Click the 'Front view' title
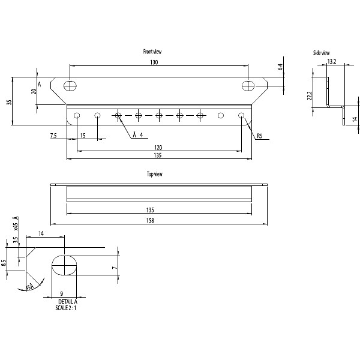[x=152, y=52]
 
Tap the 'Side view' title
[x=321, y=53]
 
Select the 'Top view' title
[x=154, y=174]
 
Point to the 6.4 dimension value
[x=280, y=68]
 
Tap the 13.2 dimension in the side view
[x=331, y=61]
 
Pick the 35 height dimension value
[x=9, y=102]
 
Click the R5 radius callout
[x=259, y=137]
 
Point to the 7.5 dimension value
[x=54, y=136]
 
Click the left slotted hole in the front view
[x=71, y=85]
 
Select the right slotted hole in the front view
[x=248, y=85]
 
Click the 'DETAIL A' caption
[x=68, y=301]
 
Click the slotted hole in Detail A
[x=65, y=265]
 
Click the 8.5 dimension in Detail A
[x=4, y=262]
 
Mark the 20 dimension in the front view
[x=34, y=91]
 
